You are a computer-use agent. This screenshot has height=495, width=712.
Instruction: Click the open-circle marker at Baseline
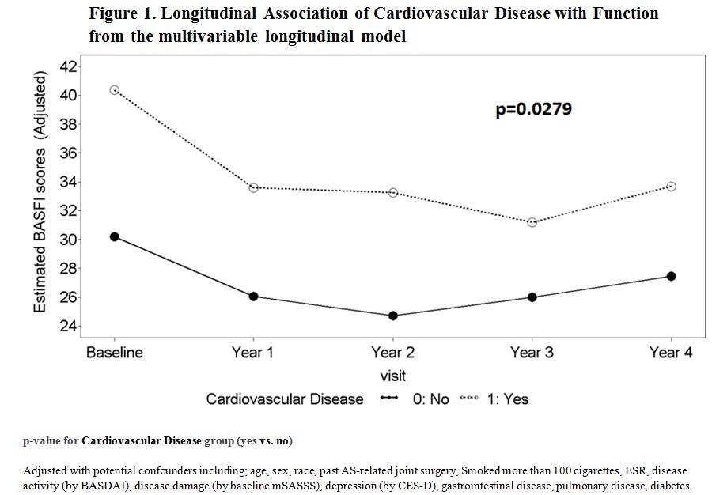coord(115,90)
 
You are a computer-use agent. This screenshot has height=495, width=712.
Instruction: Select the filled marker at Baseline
coord(115,236)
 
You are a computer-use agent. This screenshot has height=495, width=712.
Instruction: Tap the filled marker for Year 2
coord(393,316)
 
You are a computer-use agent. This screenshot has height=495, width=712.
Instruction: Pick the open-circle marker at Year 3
coord(532,222)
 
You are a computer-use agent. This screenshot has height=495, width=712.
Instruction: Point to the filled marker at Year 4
coord(671,276)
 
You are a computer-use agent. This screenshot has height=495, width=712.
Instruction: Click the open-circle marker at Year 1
coord(253,187)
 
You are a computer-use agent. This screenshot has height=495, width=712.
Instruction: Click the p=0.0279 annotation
coord(533,109)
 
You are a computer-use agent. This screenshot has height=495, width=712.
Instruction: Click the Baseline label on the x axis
coord(115,353)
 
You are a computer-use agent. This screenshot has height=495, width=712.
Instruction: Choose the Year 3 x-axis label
coord(532,353)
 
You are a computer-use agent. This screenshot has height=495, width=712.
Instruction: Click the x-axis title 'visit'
coord(392,376)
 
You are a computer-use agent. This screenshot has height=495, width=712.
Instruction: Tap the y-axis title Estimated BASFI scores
coord(40,191)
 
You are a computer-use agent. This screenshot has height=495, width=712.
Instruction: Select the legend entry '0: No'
coord(430,399)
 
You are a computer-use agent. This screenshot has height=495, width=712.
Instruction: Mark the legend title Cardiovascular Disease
coord(285,399)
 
